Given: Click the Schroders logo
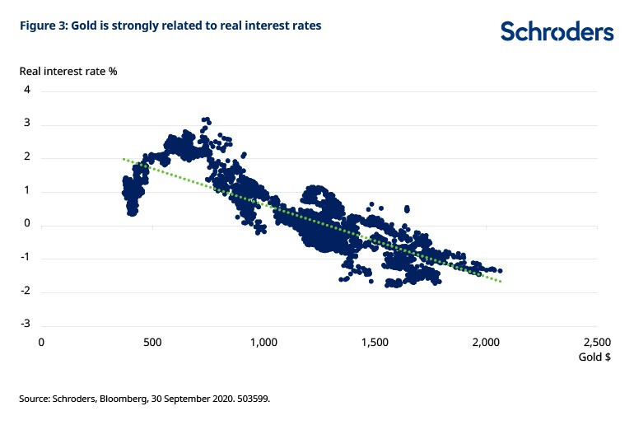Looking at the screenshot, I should coord(557,31).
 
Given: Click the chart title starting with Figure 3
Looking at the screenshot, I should coord(170,26).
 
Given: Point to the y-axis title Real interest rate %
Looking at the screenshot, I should coord(68,71).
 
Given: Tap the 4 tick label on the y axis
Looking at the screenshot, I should coord(27,90).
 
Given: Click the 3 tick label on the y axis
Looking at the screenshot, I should coord(27,124).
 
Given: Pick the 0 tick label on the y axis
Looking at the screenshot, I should coord(27,224).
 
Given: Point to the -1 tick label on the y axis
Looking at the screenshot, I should coord(26,258).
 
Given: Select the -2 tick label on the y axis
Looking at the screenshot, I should coord(26,291).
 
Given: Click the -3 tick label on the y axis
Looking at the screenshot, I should coord(26,325).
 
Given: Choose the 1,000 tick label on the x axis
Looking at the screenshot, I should coord(263,341).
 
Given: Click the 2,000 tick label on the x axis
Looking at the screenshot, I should coord(487,341).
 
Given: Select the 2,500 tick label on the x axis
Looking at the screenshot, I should coord(598,341).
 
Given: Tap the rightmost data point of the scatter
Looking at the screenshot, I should coord(500,271).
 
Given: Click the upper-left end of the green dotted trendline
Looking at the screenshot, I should coord(124,158).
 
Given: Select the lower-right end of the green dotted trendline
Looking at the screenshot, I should coord(500,282).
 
